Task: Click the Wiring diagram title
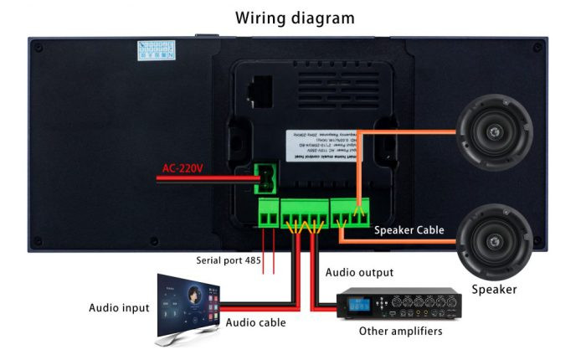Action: pyautogui.click(x=294, y=18)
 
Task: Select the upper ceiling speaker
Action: pyautogui.click(x=494, y=132)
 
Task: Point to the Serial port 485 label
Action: pyautogui.click(x=229, y=260)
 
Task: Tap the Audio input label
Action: pyautogui.click(x=120, y=308)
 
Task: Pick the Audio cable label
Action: pyautogui.click(x=255, y=322)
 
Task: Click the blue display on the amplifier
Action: pyautogui.click(x=357, y=302)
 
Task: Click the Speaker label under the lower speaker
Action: pyautogui.click(x=493, y=290)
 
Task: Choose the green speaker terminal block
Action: pyautogui.click(x=349, y=213)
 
